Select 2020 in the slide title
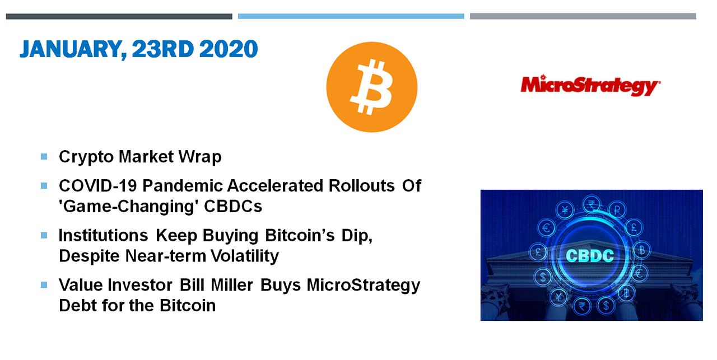tap(228, 49)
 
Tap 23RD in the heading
tap(162, 49)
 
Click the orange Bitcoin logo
tap(371, 87)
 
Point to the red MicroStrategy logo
tap(590, 86)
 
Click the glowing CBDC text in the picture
tap(590, 256)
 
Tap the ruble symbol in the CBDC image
tap(617, 210)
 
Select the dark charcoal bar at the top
tap(119, 16)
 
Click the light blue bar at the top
tap(351, 16)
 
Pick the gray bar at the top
tap(583, 16)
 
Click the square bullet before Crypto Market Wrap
tap(44, 156)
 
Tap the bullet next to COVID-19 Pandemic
tap(44, 186)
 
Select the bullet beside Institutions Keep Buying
tap(44, 236)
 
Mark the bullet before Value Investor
tap(44, 285)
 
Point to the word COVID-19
tap(98, 186)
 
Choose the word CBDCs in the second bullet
tap(233, 207)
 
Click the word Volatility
tap(245, 256)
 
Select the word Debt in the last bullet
tap(78, 305)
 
